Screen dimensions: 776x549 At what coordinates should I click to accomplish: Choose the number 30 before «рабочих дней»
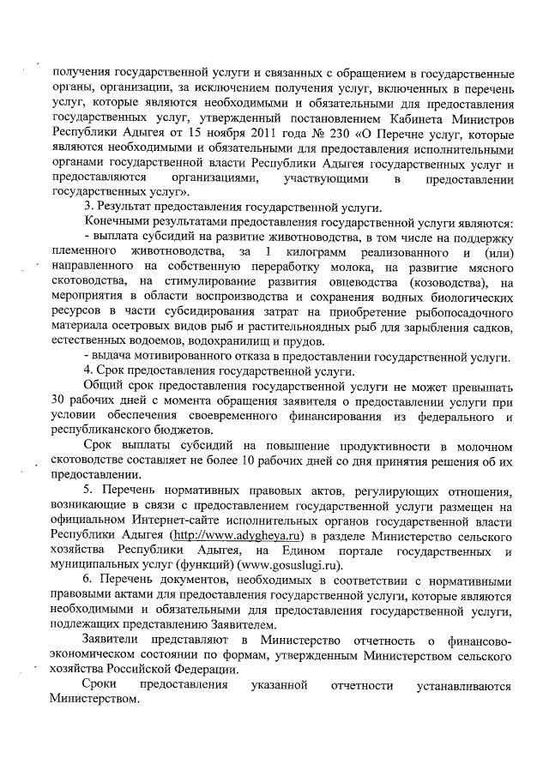tap(59, 401)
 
